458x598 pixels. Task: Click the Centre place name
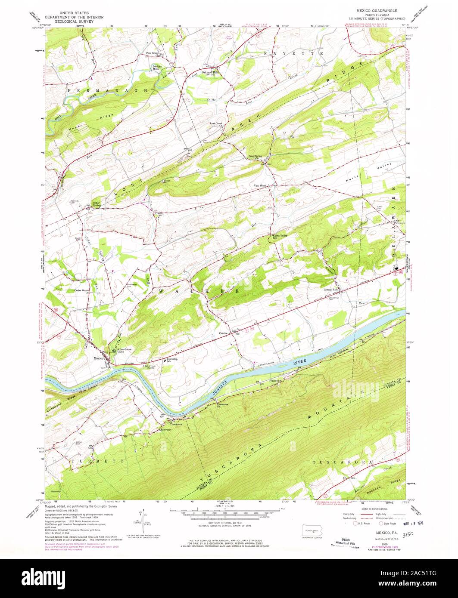(223, 333)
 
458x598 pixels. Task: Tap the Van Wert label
(260, 186)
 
